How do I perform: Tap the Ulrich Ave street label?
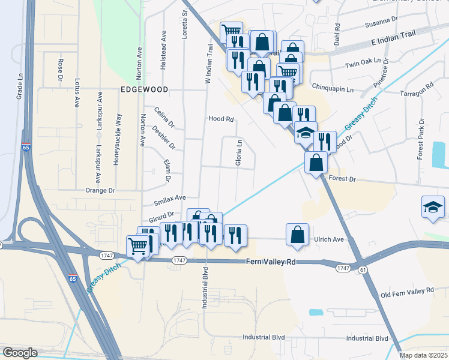coord(329,239)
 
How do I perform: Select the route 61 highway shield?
coord(363,271)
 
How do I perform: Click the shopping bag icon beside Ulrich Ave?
coord(298,235)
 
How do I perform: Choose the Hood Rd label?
coord(220,119)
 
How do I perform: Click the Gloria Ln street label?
coord(239,154)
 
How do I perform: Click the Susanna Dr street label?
coord(382,23)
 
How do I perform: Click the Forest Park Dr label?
coord(421,142)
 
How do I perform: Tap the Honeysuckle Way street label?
coord(118,139)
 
